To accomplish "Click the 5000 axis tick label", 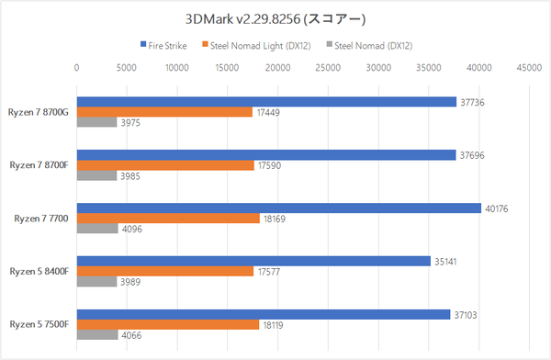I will pos(127,67).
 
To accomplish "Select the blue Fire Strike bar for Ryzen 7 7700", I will pos(278,208).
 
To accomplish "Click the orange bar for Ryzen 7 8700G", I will pos(164,112).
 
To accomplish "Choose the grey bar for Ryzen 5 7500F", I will pos(97,335).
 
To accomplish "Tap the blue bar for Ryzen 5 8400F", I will pos(253,261).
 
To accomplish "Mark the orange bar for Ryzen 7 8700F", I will pos(165,165).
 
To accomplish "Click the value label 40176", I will pos(496,208).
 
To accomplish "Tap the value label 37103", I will pos(465,314).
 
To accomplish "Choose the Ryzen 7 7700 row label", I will pos(44,219).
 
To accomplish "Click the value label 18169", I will pos(275,219).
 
